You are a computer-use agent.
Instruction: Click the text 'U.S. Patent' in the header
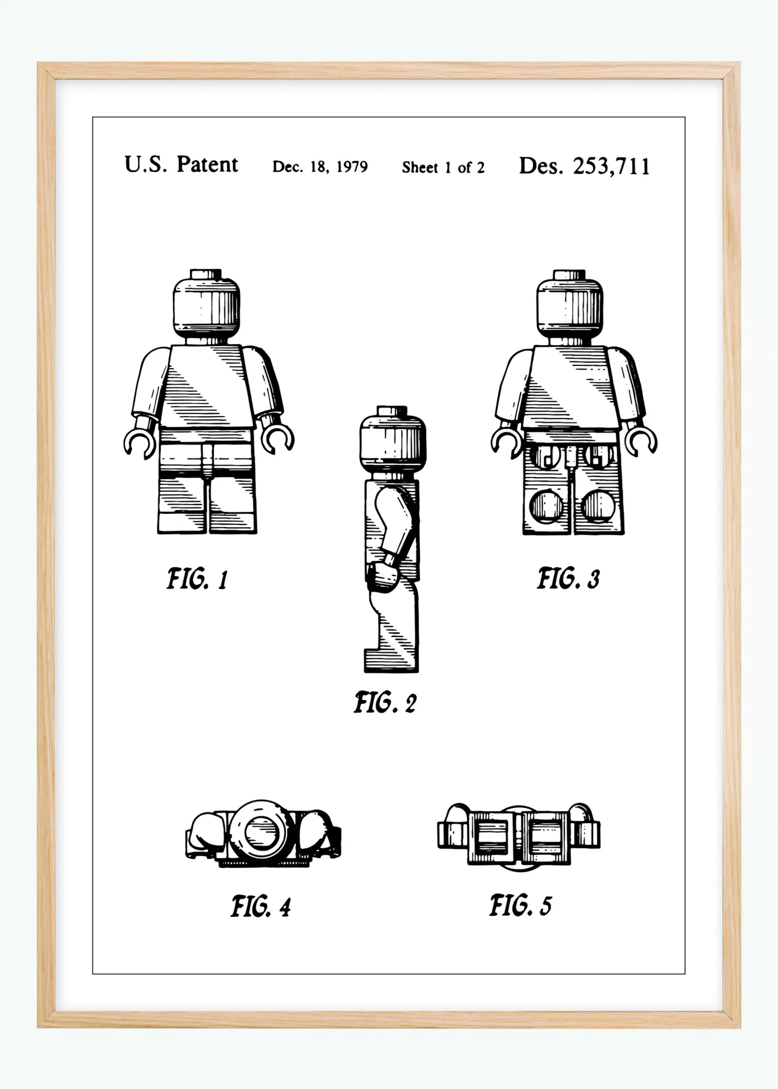pos(181,164)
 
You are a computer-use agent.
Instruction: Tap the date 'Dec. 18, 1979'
pos(320,167)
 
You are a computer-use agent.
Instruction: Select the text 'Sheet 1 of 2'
pos(443,167)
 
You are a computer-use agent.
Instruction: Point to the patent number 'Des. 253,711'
pos(585,166)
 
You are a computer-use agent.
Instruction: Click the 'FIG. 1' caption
pos(197,579)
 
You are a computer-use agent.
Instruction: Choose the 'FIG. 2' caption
pos(385,703)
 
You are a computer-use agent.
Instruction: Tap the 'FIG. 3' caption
pos(568,578)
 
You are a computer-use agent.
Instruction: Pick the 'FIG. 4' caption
pos(260,907)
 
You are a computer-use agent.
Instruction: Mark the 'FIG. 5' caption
pos(520,906)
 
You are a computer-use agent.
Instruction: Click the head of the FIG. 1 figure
pos(206,307)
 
